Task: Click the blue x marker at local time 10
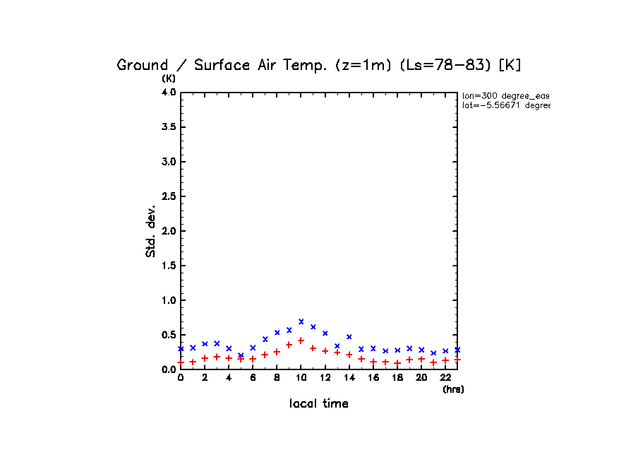pos(301,321)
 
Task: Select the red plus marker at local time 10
pos(301,340)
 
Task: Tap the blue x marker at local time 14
pos(349,336)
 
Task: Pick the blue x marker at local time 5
pos(241,355)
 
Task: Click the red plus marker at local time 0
pos(181,362)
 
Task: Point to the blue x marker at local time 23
pos(457,350)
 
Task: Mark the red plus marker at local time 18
pos(397,363)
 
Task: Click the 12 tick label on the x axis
pos(325,378)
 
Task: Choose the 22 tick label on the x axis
pos(445,378)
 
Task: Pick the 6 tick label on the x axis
pos(253,378)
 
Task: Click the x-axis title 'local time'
pos(319,404)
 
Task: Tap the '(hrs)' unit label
pos(453,389)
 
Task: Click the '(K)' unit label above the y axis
pos(169,78)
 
